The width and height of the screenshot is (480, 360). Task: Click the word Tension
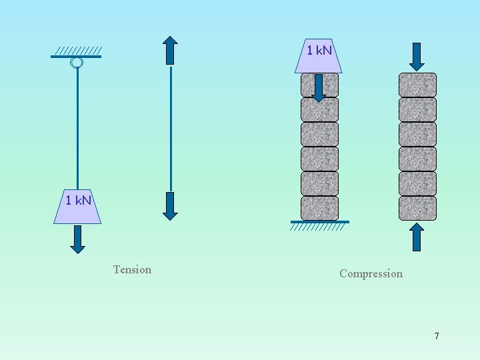pos(132,269)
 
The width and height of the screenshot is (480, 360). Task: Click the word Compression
pos(371,273)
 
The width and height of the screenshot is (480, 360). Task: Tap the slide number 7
pos(437,336)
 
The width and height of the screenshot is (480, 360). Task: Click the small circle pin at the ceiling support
pos(77,63)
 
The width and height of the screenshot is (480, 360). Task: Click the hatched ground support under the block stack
pos(319,226)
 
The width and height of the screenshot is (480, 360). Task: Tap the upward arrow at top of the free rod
pos(171,50)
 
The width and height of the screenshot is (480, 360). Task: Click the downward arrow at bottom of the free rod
pos(171,205)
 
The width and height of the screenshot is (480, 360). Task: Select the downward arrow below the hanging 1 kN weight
pos(78,239)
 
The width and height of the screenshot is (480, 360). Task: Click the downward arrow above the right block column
pos(417,57)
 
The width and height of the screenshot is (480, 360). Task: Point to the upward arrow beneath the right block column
pos(417,237)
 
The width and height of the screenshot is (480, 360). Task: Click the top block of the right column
pos(417,85)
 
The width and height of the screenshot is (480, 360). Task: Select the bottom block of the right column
pos(417,208)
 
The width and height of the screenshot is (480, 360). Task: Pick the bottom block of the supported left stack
pos(319,208)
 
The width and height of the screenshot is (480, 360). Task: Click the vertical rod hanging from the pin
pos(77,127)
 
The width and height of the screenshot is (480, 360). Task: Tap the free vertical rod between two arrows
pos(171,127)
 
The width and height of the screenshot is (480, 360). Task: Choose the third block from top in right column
pos(417,134)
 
